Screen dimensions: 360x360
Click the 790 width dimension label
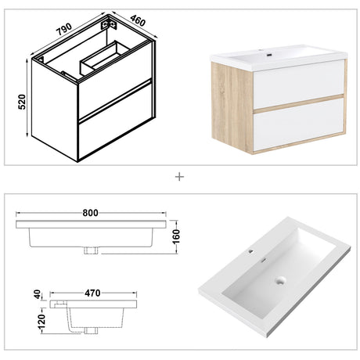(64, 29)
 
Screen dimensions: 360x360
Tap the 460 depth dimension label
(138, 21)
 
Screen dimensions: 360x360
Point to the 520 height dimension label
(22, 102)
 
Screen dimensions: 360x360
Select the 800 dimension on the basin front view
(90, 213)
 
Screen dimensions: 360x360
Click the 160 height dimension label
(177, 236)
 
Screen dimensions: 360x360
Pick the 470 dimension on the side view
(92, 293)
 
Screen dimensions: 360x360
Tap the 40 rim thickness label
(38, 294)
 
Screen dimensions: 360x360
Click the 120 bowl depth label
(41, 321)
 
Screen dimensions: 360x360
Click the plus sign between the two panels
(179, 177)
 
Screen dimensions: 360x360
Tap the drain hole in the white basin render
(280, 281)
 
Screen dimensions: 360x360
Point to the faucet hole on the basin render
(251, 251)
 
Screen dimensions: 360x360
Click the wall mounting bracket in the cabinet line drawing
(109, 24)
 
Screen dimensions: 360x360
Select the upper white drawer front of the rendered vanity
(299, 84)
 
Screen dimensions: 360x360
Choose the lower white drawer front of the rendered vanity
(299, 124)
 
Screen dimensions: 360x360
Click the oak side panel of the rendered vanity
(232, 107)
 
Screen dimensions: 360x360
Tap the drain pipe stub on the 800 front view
(91, 250)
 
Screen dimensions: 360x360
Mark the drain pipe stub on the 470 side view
(91, 331)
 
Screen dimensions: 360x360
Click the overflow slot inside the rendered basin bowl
(264, 260)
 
